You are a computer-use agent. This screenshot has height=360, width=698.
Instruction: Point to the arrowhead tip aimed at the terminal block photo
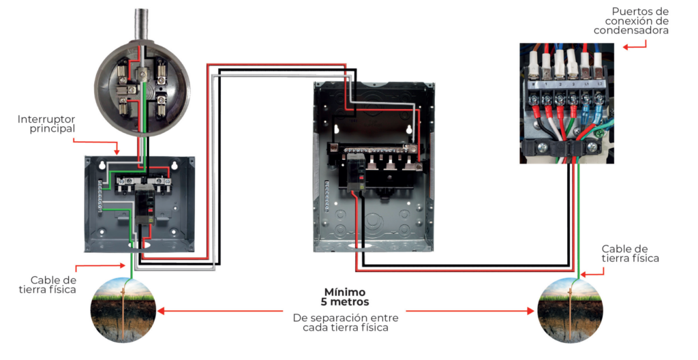(622, 47)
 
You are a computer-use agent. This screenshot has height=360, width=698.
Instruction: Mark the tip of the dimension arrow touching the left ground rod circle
(157, 311)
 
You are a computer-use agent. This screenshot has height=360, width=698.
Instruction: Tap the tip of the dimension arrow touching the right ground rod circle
(534, 311)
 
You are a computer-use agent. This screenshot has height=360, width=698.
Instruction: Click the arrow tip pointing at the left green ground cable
(126, 266)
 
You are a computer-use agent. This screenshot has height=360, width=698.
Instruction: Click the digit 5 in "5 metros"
(324, 302)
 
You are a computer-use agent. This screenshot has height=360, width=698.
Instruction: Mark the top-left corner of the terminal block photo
(520, 43)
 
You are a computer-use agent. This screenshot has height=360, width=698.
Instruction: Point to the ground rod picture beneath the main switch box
(124, 310)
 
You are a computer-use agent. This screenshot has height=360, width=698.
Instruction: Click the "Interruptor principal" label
(46, 124)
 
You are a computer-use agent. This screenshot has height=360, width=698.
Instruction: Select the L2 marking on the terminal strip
(600, 84)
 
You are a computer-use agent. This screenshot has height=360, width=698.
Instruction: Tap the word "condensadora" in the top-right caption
(631, 30)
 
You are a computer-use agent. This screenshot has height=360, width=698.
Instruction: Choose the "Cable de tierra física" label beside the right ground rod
(631, 254)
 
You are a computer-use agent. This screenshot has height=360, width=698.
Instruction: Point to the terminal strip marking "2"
(560, 84)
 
